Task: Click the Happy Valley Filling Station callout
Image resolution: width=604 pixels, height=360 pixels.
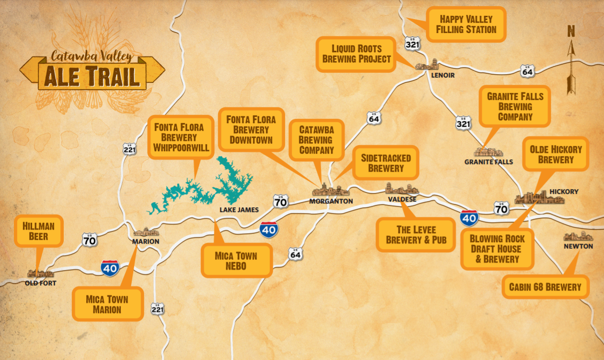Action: pyautogui.click(x=466, y=24)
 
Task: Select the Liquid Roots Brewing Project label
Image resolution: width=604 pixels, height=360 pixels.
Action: pyautogui.click(x=356, y=54)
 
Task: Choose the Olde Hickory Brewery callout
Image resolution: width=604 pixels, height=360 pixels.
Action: pyautogui.click(x=556, y=155)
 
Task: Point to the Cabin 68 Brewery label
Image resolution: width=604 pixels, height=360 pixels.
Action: pyautogui.click(x=545, y=287)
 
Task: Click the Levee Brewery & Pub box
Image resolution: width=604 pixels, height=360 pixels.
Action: pyautogui.click(x=416, y=235)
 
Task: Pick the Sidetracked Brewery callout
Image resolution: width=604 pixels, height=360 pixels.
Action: pyautogui.click(x=386, y=163)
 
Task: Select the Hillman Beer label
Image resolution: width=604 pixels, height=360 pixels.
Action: pyautogui.click(x=39, y=231)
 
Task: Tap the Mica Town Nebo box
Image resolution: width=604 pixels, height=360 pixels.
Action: pyautogui.click(x=236, y=261)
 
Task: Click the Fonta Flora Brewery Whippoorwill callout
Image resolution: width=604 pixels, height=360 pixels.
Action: pyautogui.click(x=181, y=137)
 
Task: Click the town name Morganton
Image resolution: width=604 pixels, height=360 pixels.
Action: pyautogui.click(x=330, y=202)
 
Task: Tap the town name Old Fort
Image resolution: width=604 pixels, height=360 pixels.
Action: pyautogui.click(x=40, y=283)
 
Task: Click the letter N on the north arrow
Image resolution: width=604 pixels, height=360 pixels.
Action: pyautogui.click(x=571, y=32)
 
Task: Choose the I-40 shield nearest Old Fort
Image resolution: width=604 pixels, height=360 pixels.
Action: pyautogui.click(x=110, y=269)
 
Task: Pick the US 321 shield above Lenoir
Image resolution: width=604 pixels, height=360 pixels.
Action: pyautogui.click(x=412, y=43)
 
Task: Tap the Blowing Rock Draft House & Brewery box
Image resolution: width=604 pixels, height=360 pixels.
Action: pyautogui.click(x=497, y=249)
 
